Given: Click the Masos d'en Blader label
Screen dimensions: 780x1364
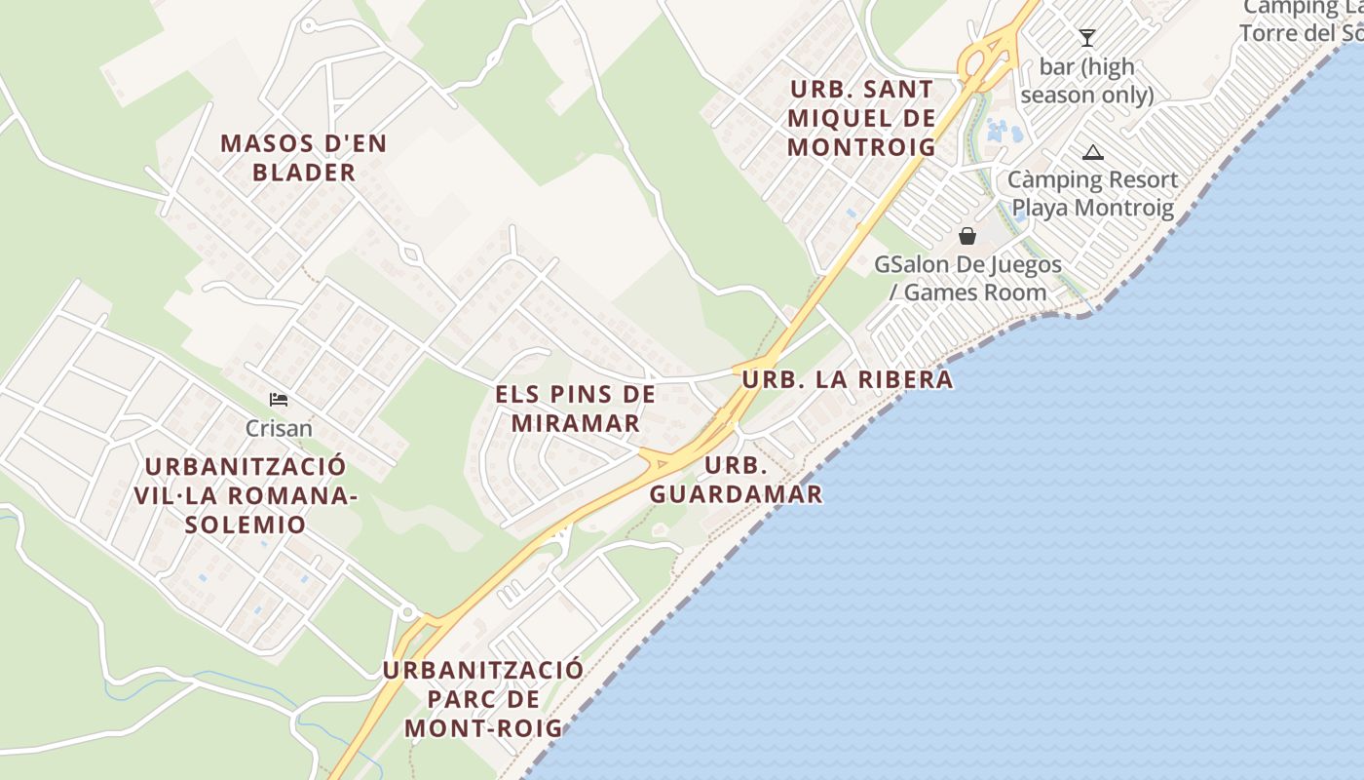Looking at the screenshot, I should (303, 158).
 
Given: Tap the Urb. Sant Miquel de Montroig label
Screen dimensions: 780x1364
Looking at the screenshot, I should (861, 118).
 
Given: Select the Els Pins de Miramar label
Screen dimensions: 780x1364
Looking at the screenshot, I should (576, 409).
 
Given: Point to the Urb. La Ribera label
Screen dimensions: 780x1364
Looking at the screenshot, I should (848, 379).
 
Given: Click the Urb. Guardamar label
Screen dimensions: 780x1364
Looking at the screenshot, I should (737, 480).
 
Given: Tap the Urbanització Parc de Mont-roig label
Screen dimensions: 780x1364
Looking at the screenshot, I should (483, 699).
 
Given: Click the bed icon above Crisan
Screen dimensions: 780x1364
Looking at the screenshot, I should (279, 400).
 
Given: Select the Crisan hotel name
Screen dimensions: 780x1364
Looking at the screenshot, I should (279, 428).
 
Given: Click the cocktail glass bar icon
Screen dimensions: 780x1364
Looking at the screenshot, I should (1087, 38).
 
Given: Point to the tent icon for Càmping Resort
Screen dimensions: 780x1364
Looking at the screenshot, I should (1093, 152).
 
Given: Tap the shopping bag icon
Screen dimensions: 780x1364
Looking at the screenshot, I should (967, 236).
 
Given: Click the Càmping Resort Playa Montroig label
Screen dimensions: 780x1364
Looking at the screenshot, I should (1092, 193).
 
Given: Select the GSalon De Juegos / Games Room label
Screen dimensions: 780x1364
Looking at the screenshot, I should (967, 278).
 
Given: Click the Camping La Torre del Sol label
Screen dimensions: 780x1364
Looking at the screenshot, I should (1301, 19).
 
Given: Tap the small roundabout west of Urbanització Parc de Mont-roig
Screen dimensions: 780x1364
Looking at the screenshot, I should (407, 612).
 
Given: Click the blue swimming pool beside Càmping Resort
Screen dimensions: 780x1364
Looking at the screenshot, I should (997, 130).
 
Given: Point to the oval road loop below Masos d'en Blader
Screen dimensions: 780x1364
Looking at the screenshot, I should (411, 254).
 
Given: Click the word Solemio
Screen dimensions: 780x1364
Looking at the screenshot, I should (246, 525).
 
